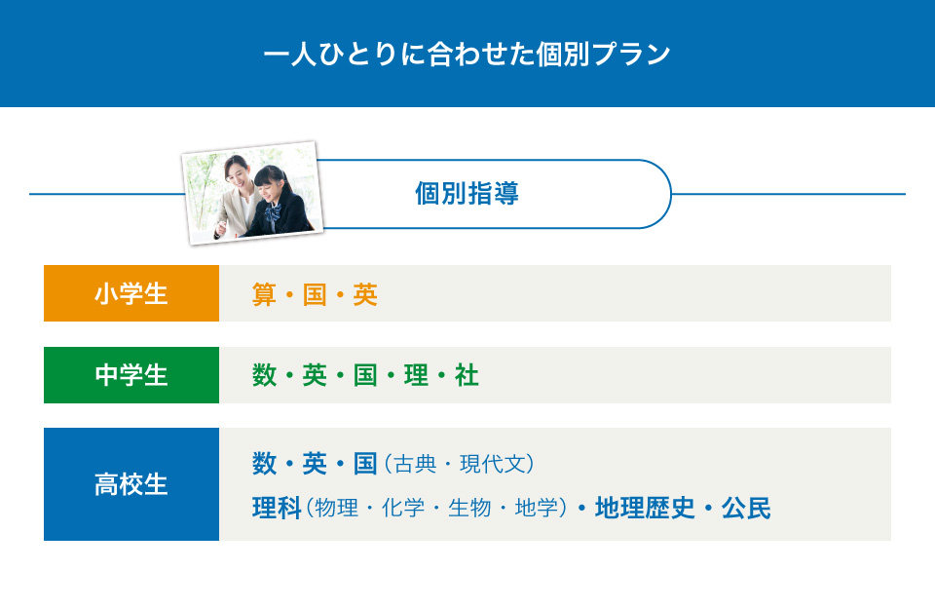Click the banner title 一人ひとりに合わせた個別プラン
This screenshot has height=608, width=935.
point(467,54)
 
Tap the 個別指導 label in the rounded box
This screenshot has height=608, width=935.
point(467,193)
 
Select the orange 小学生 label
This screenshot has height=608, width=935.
point(131,293)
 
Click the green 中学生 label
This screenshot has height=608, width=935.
point(131,375)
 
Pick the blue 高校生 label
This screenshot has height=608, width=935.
point(131,484)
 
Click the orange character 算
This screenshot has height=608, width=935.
point(264,295)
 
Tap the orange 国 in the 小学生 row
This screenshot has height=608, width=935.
point(315,295)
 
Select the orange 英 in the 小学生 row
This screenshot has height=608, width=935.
point(365,295)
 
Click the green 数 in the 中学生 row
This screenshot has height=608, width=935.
point(264,376)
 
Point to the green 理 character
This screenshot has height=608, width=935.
point(416,376)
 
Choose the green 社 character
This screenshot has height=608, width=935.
point(467,376)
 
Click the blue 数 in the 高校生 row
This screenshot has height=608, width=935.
point(264,464)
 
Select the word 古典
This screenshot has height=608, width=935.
point(416,464)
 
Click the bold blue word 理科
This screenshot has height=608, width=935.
point(277,509)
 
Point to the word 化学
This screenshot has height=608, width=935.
point(403,509)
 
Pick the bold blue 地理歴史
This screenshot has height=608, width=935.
point(645,509)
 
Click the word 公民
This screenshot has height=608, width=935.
point(746,509)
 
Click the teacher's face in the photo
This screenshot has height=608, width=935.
point(236,172)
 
